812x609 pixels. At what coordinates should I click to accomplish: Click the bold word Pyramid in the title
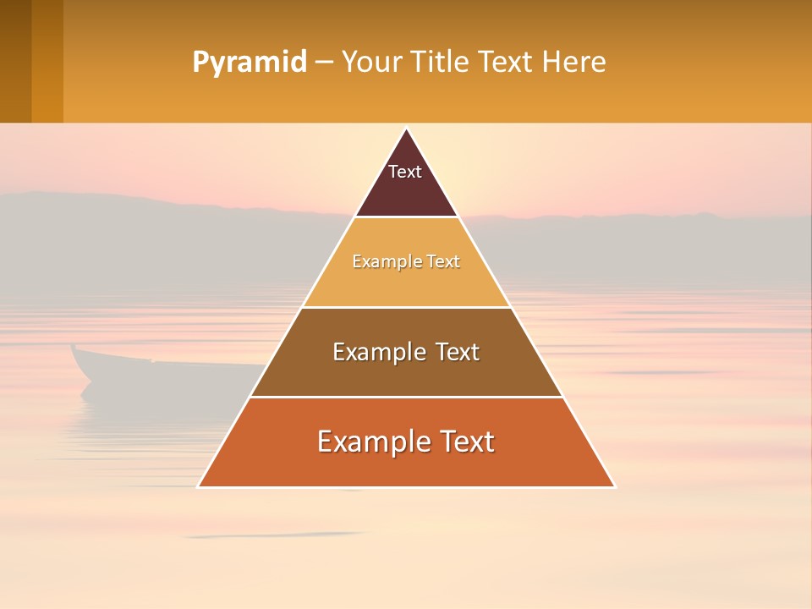(x=249, y=63)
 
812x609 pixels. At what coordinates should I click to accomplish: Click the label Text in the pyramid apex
(x=405, y=172)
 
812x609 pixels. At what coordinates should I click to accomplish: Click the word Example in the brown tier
(x=378, y=352)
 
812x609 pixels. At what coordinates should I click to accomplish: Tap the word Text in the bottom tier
(x=464, y=442)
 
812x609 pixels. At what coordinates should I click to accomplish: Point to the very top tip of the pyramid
(x=406, y=129)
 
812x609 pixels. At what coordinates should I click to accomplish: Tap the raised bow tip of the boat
(x=74, y=347)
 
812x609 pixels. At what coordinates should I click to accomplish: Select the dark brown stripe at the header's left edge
(x=15, y=61)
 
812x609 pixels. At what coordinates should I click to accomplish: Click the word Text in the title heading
(x=506, y=63)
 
